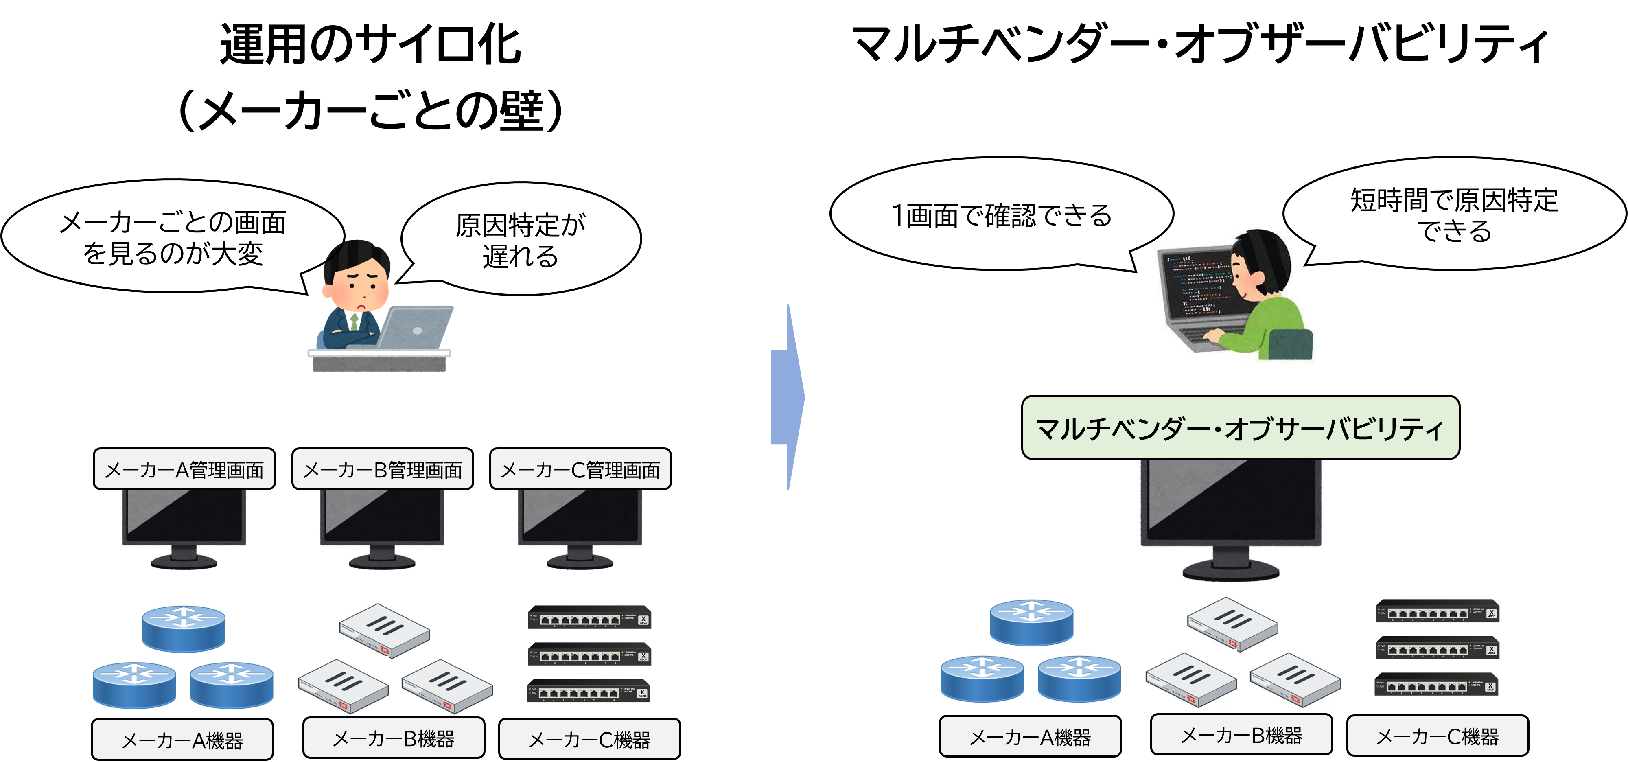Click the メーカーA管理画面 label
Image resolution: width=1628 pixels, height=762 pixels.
184,469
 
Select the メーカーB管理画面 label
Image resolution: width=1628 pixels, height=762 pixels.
382,469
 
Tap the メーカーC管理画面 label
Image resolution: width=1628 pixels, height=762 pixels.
580,469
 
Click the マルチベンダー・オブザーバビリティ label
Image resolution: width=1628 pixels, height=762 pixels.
1240,428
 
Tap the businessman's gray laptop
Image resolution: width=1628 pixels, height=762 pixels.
417,327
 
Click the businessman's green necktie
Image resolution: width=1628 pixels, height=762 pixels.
354,322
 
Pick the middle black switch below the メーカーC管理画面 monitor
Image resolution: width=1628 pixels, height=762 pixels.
589,654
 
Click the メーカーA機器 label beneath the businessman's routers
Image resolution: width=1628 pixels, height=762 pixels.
182,739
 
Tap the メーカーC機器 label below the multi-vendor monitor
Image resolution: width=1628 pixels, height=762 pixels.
1437,736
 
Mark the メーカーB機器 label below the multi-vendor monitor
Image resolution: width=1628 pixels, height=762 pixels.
1241,735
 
